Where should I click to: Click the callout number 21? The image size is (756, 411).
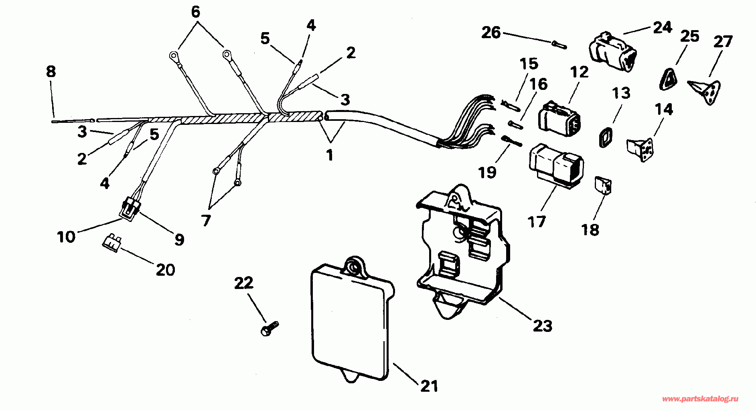click(x=429, y=386)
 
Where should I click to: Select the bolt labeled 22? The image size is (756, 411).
click(x=269, y=329)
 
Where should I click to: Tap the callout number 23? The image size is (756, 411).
click(x=542, y=326)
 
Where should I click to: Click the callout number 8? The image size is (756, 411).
click(x=51, y=72)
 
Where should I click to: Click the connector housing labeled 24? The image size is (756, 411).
click(x=612, y=53)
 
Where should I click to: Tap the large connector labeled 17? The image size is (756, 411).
click(x=556, y=165)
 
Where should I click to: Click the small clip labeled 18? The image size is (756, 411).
click(x=602, y=185)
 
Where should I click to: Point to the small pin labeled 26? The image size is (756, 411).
click(x=559, y=44)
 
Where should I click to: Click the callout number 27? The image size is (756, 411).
click(x=723, y=41)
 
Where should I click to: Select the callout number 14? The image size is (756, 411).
click(x=664, y=109)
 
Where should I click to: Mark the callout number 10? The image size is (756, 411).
click(x=66, y=237)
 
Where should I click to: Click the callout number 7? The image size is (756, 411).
click(x=206, y=220)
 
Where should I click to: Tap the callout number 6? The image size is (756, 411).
click(x=195, y=12)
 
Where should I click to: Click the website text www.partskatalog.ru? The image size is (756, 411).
click(x=700, y=399)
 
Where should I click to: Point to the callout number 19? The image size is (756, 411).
click(x=487, y=173)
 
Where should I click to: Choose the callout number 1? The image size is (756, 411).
click(x=330, y=155)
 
